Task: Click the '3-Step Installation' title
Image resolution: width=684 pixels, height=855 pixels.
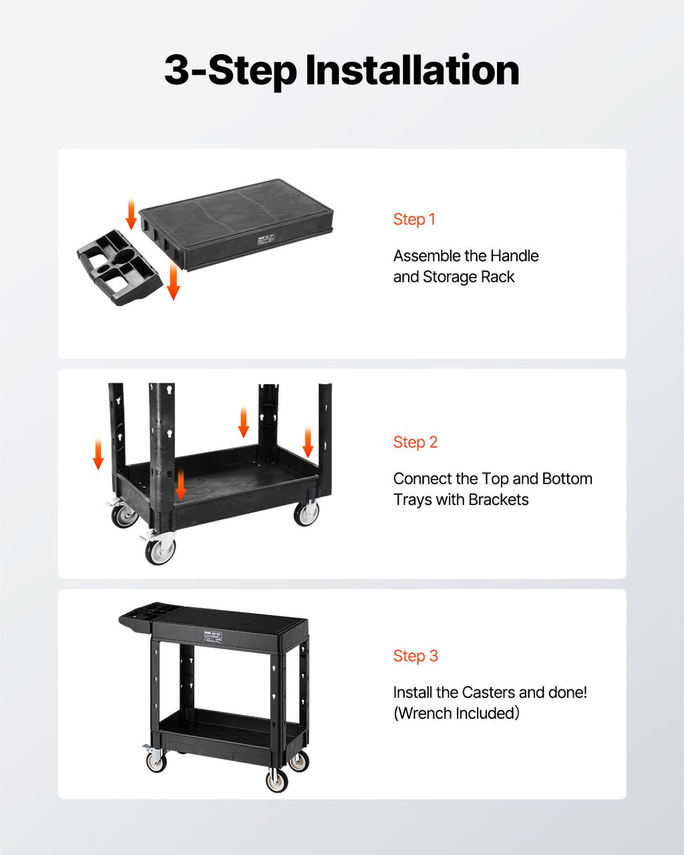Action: coord(342,71)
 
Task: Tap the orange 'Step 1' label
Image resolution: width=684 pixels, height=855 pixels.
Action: coord(414,219)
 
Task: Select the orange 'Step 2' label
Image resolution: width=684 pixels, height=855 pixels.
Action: coord(415,442)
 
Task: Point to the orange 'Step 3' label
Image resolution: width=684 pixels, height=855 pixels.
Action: coord(415,656)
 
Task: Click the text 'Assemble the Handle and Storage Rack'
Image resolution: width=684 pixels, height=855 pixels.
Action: coord(466,267)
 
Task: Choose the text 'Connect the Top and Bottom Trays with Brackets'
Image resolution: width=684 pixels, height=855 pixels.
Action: coord(493,489)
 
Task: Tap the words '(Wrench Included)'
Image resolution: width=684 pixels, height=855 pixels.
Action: coord(456,713)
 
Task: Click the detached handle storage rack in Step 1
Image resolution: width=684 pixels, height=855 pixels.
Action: coord(120,267)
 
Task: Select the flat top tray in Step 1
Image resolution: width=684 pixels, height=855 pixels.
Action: coord(236,224)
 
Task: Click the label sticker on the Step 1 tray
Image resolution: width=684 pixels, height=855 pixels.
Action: coord(267,238)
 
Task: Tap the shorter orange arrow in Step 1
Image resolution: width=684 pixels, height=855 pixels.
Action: coord(131,214)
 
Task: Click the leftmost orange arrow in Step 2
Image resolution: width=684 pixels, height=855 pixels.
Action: coord(98,454)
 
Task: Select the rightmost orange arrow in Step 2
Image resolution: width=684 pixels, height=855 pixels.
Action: coord(308,442)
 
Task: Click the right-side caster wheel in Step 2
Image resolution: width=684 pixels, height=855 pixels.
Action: coord(307,513)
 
